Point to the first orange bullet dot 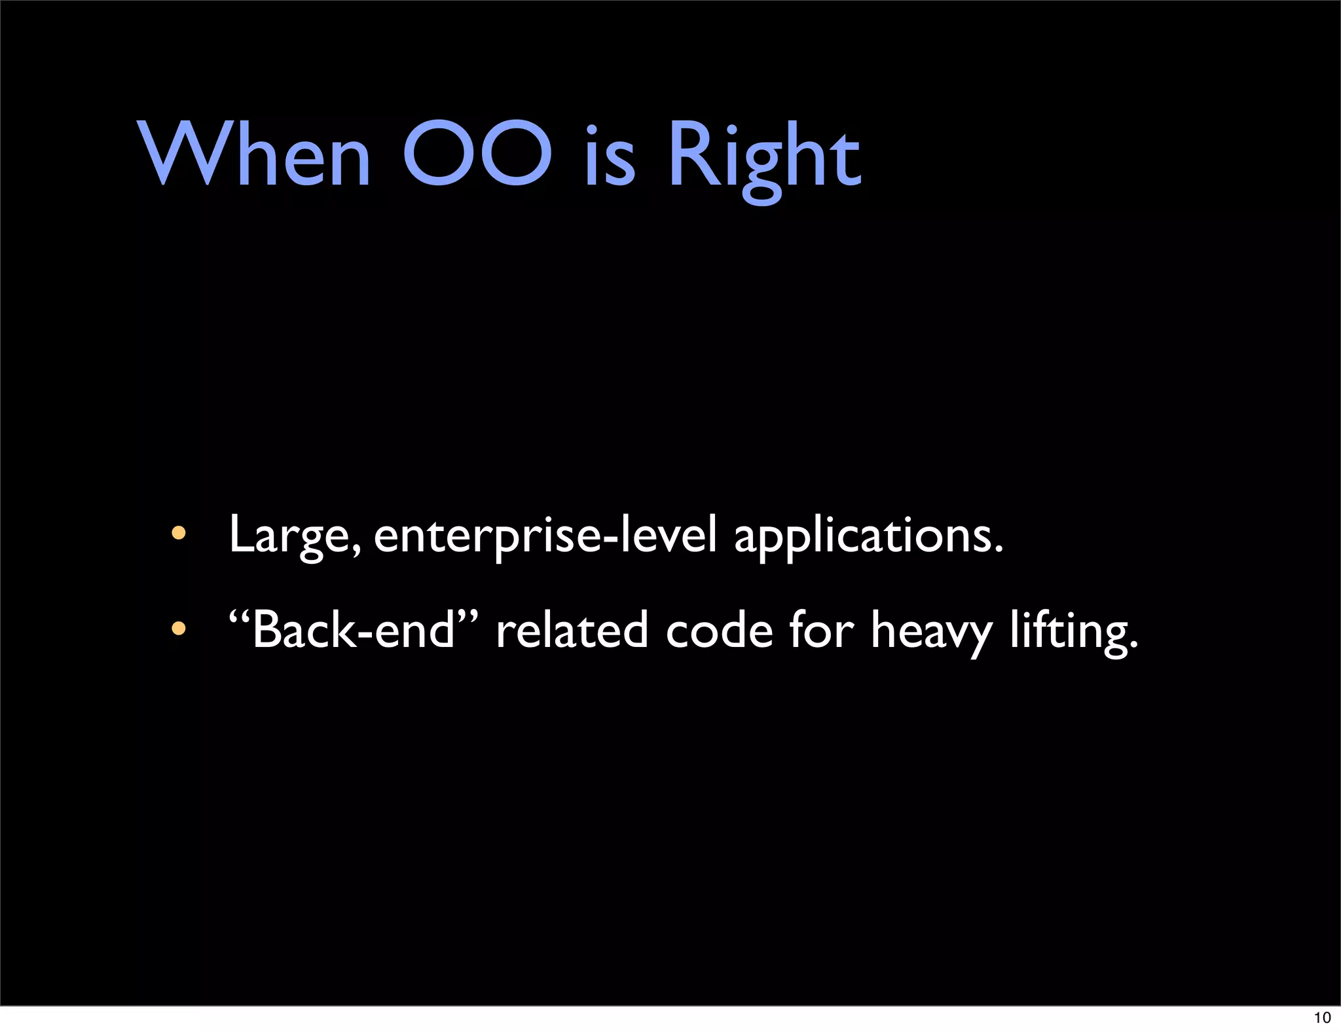pyautogui.click(x=178, y=533)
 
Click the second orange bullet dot pyautogui.click(x=178, y=629)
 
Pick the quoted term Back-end pyautogui.click(x=354, y=630)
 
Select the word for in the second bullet pyautogui.click(x=821, y=630)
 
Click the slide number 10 pyautogui.click(x=1322, y=1018)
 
